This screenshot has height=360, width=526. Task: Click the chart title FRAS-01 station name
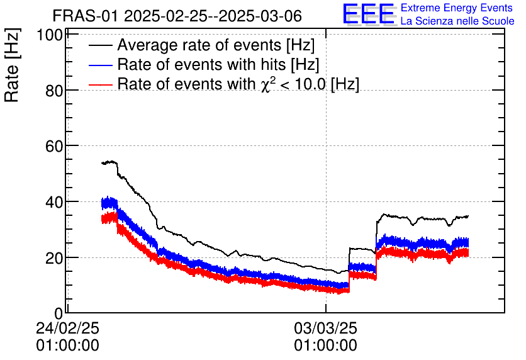tap(86, 15)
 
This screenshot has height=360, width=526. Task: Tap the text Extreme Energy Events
tap(456, 8)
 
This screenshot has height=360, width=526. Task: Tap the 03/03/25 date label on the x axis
tap(325, 329)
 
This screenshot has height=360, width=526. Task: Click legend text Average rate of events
tap(216, 46)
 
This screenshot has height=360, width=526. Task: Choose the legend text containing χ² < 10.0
tap(238, 84)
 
